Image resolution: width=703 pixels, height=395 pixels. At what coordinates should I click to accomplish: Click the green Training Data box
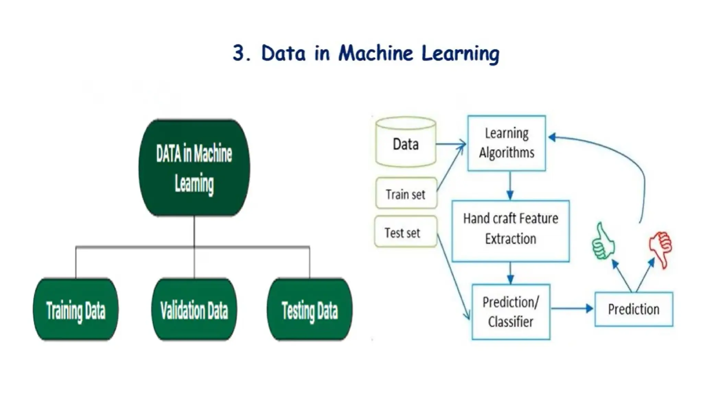pos(76,310)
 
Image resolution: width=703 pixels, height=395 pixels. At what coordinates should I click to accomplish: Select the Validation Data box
pos(194,310)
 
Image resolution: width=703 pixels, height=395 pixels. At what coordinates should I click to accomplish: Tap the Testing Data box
pos(309,310)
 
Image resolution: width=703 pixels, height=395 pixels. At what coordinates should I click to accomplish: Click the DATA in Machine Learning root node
pos(194,168)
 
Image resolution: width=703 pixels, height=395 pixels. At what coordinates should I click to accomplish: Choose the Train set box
pos(406,194)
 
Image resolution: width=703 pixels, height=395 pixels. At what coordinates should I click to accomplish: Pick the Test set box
pos(405,232)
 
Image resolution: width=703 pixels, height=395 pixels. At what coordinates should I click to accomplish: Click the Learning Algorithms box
pos(507,143)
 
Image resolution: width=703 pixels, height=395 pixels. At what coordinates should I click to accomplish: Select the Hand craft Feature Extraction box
pos(510,231)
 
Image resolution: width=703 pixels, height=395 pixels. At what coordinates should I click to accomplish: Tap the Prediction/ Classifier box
pos(511,312)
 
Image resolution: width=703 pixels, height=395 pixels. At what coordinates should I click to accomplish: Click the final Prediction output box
pos(634,309)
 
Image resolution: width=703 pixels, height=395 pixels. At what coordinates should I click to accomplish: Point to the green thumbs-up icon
pos(603,241)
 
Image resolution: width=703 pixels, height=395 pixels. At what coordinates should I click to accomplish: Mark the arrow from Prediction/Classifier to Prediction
pos(572,309)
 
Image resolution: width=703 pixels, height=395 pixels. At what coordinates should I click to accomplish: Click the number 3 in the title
pos(239,53)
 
